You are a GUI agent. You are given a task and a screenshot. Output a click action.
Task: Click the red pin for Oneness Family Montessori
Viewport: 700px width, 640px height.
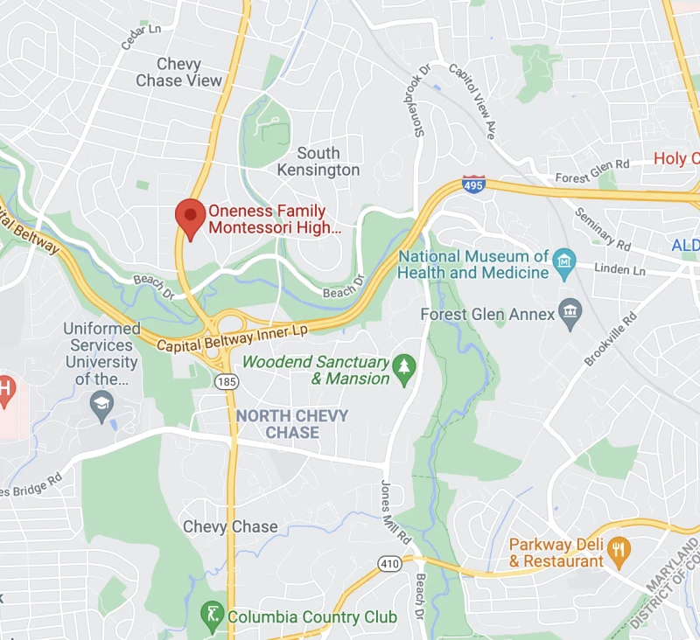tap(189, 217)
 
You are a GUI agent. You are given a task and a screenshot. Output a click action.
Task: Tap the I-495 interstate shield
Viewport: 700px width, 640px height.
tap(473, 184)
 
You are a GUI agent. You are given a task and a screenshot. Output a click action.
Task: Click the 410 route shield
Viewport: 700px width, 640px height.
tap(390, 564)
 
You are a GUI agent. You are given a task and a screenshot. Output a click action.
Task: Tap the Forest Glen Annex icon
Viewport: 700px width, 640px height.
tap(571, 313)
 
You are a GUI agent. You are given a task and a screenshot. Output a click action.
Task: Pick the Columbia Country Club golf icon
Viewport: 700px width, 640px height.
tap(211, 615)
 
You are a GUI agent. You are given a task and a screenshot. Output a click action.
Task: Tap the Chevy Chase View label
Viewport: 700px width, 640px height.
tap(179, 73)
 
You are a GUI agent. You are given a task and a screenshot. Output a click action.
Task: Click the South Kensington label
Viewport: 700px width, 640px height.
tap(318, 162)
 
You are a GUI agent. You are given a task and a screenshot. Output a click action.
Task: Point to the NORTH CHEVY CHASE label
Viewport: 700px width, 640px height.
tap(292, 424)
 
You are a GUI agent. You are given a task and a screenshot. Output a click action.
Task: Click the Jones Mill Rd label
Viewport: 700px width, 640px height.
tap(391, 512)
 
